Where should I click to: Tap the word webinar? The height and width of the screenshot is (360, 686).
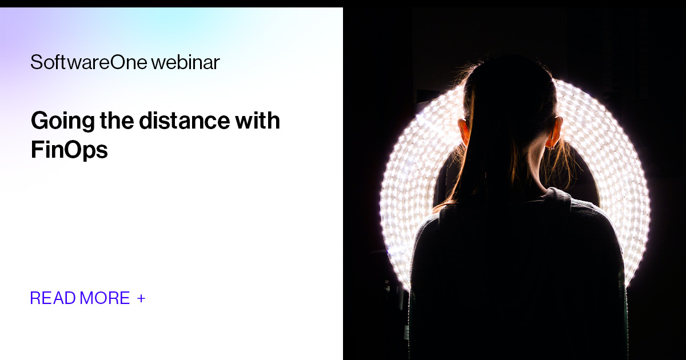click(186, 62)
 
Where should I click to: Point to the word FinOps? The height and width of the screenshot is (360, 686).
click(69, 149)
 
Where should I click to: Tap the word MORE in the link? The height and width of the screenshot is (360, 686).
click(105, 298)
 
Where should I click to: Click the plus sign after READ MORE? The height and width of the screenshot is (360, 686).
click(141, 298)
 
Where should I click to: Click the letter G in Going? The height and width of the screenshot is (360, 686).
click(39, 121)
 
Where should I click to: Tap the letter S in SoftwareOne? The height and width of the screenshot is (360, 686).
click(35, 62)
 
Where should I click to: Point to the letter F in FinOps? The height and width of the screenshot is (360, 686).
click(36, 149)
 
